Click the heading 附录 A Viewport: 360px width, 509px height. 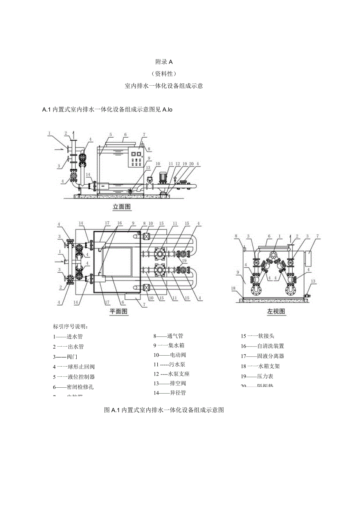pos(164,61)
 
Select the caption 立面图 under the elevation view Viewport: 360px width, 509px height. pos(122,207)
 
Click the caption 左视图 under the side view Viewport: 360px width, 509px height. pos(276,311)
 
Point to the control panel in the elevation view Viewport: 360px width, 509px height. pos(137,157)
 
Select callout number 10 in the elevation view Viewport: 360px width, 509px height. pos(158,164)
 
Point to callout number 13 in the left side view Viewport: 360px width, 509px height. pos(313,281)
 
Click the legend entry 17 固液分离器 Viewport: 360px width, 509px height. pos(262,356)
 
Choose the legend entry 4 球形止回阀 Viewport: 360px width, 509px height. pos(74,367)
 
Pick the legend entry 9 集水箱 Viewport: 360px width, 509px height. pos(169,345)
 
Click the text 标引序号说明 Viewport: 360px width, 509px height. pos(71,326)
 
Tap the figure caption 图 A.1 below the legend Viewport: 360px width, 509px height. pos(164,410)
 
